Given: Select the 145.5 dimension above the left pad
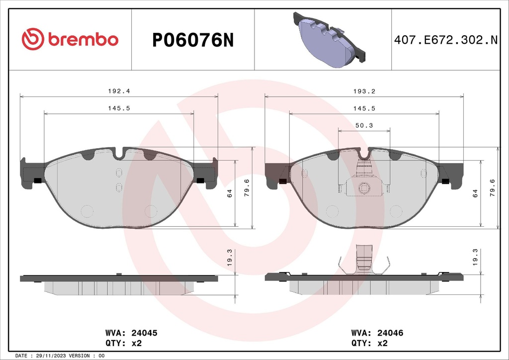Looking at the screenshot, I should tap(119, 108).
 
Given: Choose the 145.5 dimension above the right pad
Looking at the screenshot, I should tap(364, 108).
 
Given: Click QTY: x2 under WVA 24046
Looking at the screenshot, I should tap(369, 343).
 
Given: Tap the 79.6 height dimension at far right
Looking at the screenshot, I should tap(493, 188).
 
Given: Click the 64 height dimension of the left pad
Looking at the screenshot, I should tap(229, 193).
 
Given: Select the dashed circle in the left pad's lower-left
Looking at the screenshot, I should tap(87, 211).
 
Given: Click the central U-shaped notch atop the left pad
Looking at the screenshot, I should tap(119, 154).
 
